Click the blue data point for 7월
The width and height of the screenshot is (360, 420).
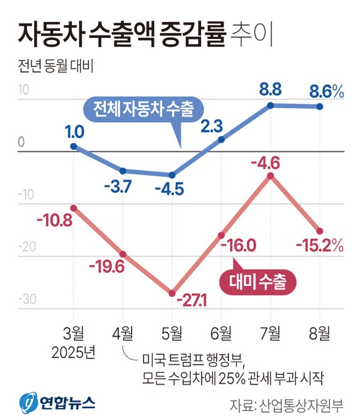coord(270,105)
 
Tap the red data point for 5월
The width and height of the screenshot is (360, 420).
coord(172,293)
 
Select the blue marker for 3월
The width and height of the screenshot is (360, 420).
coord(74,146)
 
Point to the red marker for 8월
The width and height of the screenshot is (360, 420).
coord(320,231)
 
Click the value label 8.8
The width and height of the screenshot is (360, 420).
coord(270,90)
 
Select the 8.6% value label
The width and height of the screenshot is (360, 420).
coord(326,92)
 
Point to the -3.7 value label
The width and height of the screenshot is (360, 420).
coord(122,187)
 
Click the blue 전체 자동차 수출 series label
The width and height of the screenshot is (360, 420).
coord(142,109)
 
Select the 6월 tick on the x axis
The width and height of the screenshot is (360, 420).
coord(221,331)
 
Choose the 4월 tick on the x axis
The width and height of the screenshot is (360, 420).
coord(123,331)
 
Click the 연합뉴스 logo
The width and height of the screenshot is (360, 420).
coord(57,401)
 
